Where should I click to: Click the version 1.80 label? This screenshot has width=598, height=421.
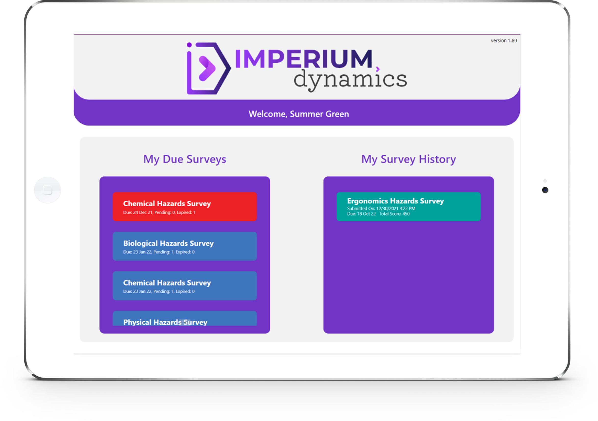pos(504,41)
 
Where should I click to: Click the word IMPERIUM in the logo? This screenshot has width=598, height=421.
pos(303,59)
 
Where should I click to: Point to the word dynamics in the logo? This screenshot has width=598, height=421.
pos(350,80)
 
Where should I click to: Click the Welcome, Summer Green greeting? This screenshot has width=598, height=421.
pos(299,114)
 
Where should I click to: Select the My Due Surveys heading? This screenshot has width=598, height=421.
pos(185,159)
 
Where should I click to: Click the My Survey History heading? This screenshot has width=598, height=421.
pos(408,159)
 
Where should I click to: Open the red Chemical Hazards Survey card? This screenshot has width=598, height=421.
pos(185,206)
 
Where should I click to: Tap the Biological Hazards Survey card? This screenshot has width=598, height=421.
pos(185,246)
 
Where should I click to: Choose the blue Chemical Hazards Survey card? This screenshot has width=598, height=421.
pos(185,286)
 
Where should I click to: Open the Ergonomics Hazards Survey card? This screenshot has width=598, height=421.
pos(408,206)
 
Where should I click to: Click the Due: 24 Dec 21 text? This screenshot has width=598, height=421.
pos(138,212)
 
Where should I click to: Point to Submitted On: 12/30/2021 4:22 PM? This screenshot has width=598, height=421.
pos(381,209)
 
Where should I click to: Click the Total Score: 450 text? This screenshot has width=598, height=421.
pos(394,214)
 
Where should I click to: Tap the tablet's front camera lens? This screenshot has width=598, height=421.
pos(545,190)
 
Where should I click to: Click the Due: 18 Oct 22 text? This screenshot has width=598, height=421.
pos(361,214)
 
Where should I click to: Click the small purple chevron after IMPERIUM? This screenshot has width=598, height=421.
pos(378,69)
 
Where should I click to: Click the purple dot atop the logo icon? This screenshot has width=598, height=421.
pos(189,45)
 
